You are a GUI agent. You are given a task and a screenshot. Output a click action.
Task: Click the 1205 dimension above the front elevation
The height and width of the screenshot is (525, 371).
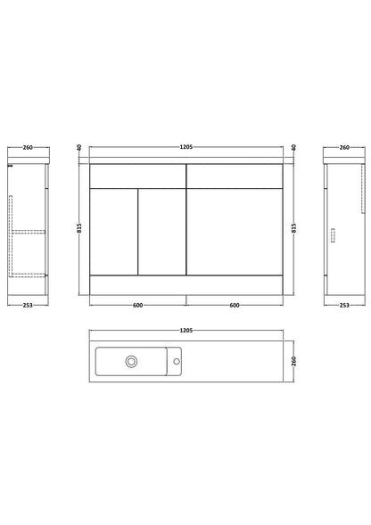point(186,147)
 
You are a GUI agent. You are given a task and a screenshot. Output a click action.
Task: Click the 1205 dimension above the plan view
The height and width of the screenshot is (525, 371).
point(186,331)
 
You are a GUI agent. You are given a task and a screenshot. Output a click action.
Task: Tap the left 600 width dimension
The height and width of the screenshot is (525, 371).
point(137,305)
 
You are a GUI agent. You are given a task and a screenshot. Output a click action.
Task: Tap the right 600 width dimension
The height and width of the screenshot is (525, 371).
point(235,305)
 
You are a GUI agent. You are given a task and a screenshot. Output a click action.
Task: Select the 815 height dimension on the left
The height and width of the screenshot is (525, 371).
point(79,228)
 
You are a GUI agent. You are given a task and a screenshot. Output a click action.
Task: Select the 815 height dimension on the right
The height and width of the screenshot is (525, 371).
point(294,228)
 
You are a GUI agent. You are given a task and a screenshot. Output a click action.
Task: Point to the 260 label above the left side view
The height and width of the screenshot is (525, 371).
point(28,147)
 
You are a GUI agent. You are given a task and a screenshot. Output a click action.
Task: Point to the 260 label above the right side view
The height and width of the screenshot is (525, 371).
point(344,147)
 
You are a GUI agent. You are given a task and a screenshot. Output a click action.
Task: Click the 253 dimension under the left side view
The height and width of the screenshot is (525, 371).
point(28,305)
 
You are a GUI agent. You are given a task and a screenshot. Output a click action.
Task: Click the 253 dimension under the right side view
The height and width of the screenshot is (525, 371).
point(344,305)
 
